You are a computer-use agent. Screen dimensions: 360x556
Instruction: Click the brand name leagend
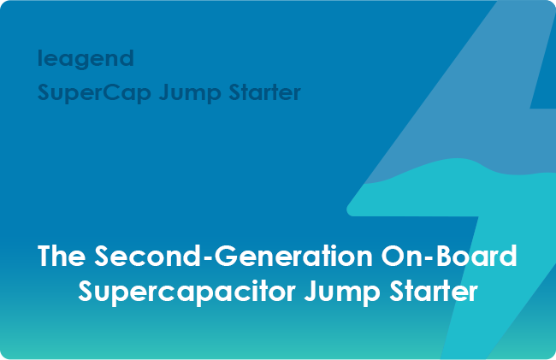86,59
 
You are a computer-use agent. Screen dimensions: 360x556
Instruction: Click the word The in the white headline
62,257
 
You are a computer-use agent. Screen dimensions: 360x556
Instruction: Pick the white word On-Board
459,257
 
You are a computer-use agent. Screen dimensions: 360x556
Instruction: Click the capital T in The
46,257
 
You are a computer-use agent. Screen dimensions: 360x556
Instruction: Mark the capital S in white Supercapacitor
86,291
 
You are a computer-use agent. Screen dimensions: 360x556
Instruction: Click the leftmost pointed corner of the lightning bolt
347,208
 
